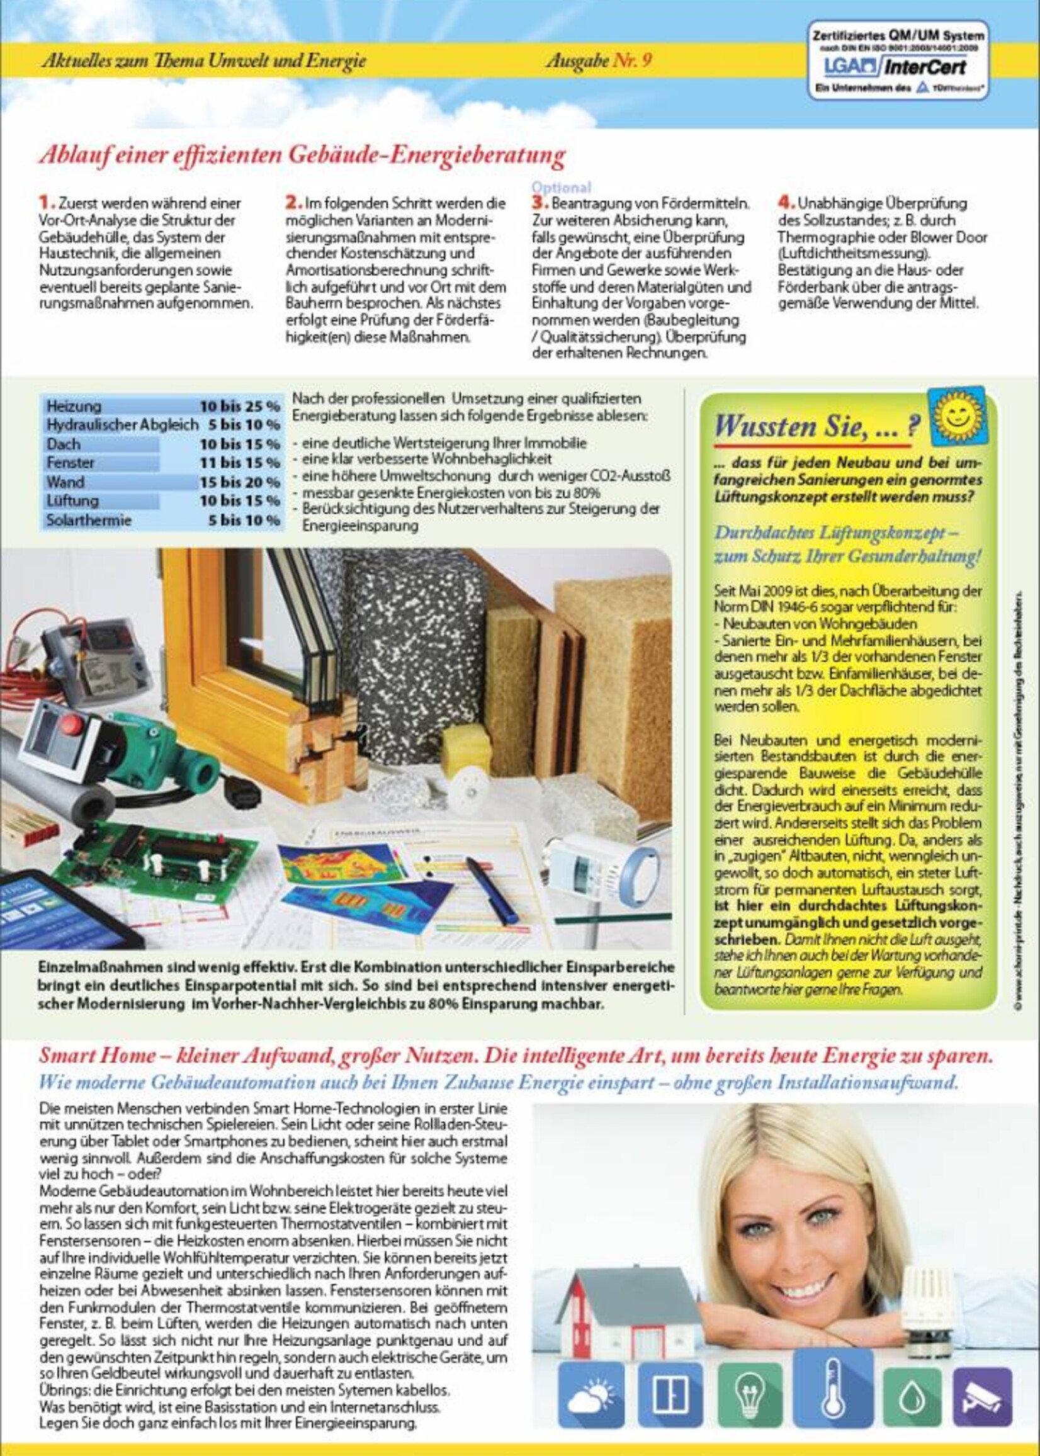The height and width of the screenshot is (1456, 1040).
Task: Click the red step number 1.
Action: (47, 202)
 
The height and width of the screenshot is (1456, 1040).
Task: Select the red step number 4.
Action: (786, 202)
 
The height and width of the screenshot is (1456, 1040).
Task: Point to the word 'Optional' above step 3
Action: (561, 187)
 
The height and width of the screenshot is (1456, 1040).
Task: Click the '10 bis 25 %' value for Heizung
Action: (239, 406)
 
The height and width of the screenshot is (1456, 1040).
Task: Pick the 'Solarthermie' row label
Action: (88, 520)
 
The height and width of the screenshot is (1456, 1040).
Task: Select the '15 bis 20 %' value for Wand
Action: (239, 482)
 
